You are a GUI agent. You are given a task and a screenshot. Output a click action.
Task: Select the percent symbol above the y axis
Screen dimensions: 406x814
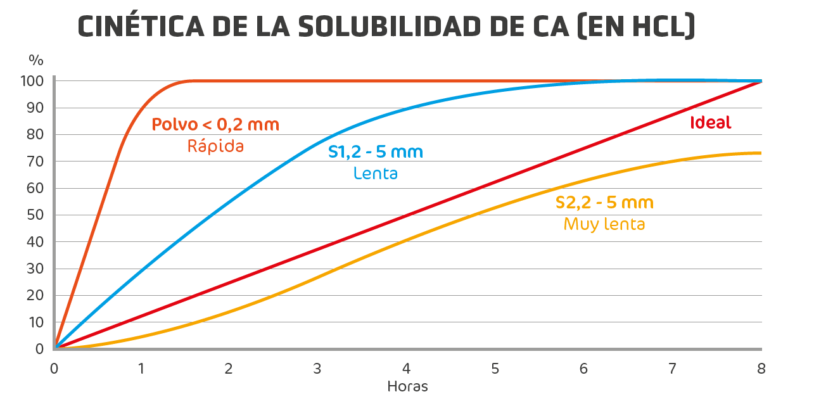pyautogui.click(x=36, y=61)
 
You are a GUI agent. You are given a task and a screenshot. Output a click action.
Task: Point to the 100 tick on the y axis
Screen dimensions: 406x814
pyautogui.click(x=32, y=81)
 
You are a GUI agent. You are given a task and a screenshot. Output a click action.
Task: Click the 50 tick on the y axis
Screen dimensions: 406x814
pyautogui.click(x=35, y=215)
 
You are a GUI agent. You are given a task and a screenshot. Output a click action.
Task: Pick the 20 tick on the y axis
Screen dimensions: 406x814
pyautogui.click(x=35, y=295)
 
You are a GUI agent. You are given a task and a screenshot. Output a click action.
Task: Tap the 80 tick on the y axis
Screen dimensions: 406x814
pyautogui.click(x=35, y=135)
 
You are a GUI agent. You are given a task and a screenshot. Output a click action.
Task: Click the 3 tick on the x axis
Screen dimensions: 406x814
pyautogui.click(x=317, y=369)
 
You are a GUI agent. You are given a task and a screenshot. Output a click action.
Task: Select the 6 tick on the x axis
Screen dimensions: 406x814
pyautogui.click(x=583, y=369)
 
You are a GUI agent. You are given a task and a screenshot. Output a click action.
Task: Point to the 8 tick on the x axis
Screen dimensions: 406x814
pyautogui.click(x=761, y=369)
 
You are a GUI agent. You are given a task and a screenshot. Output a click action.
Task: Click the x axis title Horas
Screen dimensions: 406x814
pyautogui.click(x=407, y=386)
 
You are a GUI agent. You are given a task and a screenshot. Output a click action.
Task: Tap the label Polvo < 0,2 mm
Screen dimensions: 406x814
pyautogui.click(x=215, y=125)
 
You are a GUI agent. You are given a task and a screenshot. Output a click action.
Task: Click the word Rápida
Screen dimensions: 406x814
pyautogui.click(x=215, y=146)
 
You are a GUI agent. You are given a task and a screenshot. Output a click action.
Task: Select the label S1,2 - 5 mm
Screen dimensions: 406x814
pyautogui.click(x=376, y=152)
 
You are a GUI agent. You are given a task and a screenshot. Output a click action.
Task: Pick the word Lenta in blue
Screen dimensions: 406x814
pyautogui.click(x=376, y=173)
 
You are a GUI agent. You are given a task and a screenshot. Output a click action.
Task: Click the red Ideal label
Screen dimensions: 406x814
pyautogui.click(x=710, y=123)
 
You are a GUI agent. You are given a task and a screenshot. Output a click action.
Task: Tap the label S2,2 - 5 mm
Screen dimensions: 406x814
pyautogui.click(x=604, y=203)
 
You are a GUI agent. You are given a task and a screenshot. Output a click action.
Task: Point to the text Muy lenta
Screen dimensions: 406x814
pyautogui.click(x=604, y=224)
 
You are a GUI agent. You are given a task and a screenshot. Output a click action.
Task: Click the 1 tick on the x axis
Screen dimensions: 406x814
pyautogui.click(x=141, y=369)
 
